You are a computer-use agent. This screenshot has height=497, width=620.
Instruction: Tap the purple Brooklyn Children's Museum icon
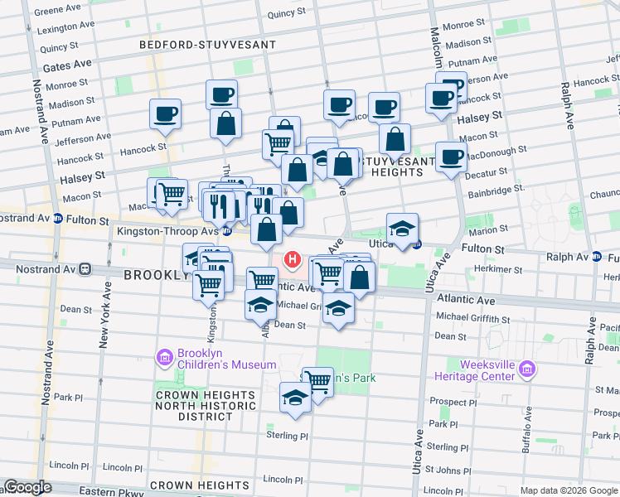coord(164,358)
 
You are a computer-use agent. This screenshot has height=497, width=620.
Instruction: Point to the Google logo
coord(27,488)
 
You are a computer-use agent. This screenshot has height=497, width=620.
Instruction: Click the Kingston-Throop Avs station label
coord(167,232)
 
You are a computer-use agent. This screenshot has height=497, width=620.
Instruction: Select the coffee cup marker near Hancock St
coord(166,114)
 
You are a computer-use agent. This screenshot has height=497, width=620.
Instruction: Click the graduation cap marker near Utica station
coord(402,229)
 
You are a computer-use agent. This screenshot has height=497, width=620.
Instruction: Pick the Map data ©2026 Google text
coord(568,490)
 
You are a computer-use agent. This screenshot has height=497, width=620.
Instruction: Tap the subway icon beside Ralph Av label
coord(597,258)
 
